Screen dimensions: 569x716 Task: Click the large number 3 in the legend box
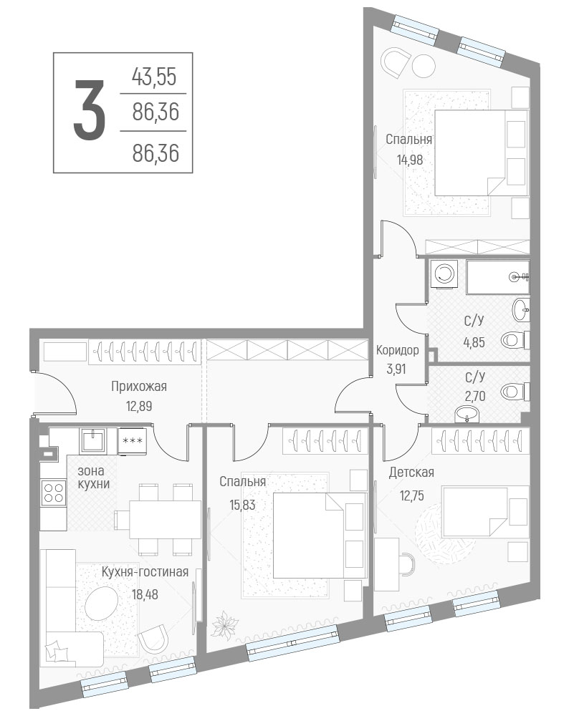(90, 110)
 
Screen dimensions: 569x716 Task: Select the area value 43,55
(154, 77)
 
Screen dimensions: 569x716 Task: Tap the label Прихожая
(139, 387)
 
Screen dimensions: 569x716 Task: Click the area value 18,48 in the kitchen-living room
(145, 594)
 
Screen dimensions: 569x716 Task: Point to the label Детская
(411, 472)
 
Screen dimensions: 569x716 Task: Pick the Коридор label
(397, 350)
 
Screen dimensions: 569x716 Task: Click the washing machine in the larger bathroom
(444, 274)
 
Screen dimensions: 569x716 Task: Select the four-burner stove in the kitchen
(53, 493)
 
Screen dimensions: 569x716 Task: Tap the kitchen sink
(93, 440)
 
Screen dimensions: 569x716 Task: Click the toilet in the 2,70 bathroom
(515, 392)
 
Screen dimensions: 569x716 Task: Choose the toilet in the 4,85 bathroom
(515, 339)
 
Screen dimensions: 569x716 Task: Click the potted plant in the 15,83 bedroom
(224, 624)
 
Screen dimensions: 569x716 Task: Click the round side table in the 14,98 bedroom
(424, 66)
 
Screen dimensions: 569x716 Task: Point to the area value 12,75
(411, 495)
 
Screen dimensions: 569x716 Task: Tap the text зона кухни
(93, 477)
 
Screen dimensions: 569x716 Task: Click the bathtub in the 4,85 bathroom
(497, 276)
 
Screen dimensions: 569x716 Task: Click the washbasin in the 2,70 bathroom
(467, 415)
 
